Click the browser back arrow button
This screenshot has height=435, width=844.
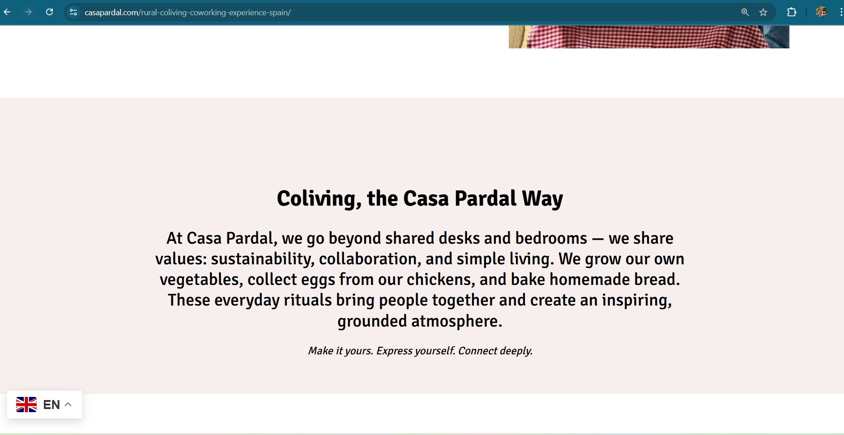(7, 12)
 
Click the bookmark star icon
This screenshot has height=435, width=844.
(763, 13)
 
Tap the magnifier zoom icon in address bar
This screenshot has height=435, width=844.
(745, 13)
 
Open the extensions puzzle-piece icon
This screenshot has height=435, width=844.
(792, 13)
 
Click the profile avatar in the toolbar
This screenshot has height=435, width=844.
(821, 12)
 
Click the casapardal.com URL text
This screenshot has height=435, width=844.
(188, 13)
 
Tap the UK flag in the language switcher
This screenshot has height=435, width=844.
(26, 405)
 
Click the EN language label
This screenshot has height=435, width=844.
(51, 405)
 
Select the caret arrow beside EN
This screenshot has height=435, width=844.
(68, 405)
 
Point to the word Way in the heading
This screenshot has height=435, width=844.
(542, 198)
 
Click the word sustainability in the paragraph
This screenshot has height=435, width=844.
(263, 259)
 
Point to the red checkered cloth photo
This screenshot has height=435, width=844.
(649, 37)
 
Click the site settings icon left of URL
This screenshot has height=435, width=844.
(73, 13)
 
